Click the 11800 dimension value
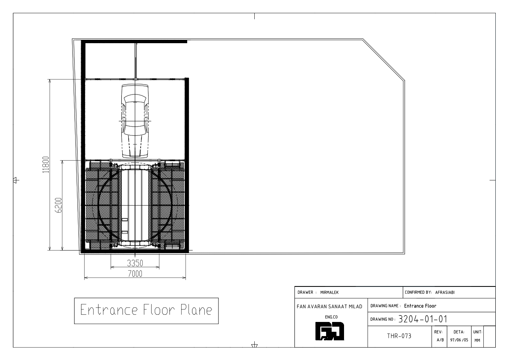46,165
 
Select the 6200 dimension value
59,205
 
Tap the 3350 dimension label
135,263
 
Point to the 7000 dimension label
135,274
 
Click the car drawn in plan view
135,121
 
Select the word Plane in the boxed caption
197,310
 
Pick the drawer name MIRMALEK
330,292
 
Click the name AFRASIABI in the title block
445,292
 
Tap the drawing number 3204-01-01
423,319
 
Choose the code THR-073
399,336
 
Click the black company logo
330,331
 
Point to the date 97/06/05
459,340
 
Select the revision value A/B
440,340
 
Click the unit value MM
477,340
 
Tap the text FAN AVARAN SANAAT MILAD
330,307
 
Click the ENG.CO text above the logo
331,317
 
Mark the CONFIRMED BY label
418,292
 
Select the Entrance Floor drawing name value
420,306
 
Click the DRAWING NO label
383,319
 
